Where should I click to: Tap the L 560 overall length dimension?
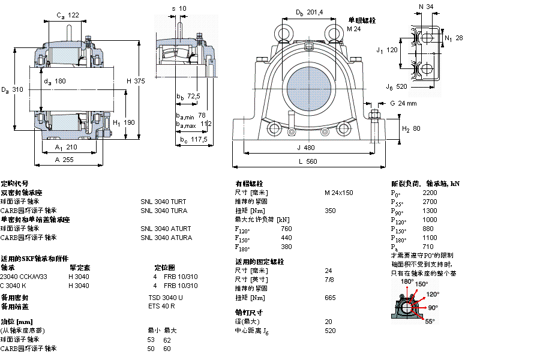click(x=307, y=161)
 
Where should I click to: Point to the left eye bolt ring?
click(x=283, y=31)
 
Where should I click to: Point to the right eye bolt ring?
click(x=331, y=31)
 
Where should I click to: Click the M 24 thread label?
click(x=355, y=29)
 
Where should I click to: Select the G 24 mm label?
click(x=403, y=103)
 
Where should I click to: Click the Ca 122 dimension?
click(x=68, y=15)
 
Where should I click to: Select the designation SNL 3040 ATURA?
click(x=166, y=238)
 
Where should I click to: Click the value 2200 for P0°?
click(x=430, y=193)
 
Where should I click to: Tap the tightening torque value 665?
click(x=330, y=298)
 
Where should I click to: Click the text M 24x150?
click(x=338, y=193)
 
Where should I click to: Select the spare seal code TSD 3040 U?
click(x=166, y=298)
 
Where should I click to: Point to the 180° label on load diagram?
click(x=407, y=281)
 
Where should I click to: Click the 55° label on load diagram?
click(x=430, y=322)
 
